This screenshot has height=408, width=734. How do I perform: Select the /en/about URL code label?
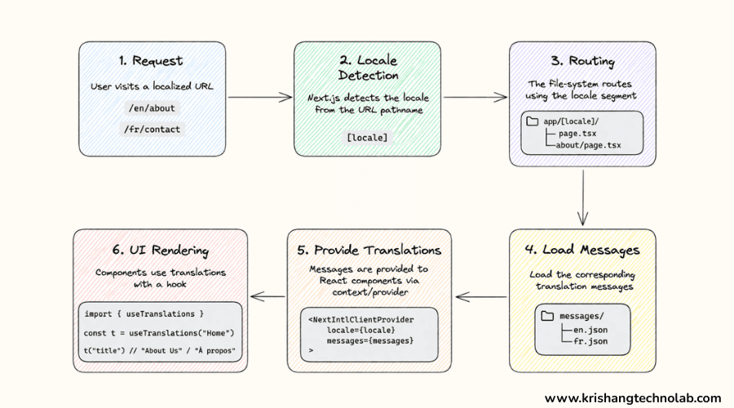point(151,108)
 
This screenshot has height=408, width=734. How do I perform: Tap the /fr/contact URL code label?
point(151,129)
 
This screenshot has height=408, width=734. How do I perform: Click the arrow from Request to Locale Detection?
point(259,97)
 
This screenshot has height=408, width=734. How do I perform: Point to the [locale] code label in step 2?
point(367,136)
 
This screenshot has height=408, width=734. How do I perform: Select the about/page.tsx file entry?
point(590,145)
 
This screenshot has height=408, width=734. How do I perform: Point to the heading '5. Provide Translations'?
point(369,250)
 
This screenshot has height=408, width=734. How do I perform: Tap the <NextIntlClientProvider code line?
point(360,318)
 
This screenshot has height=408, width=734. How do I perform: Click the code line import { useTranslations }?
point(144,313)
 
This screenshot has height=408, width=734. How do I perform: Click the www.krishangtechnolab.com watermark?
point(633,398)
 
